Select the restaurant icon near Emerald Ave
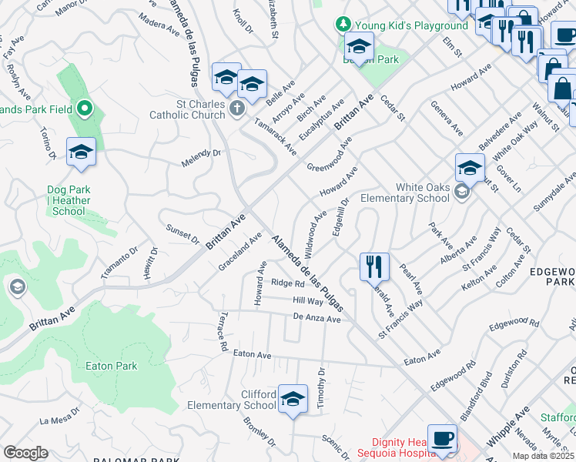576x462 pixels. [x=374, y=266]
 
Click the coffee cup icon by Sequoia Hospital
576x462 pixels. [x=442, y=438]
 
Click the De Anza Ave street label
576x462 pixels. [x=316, y=318]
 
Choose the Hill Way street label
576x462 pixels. [x=308, y=301]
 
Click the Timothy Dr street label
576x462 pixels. [x=322, y=381]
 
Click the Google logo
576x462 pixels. [x=25, y=453]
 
